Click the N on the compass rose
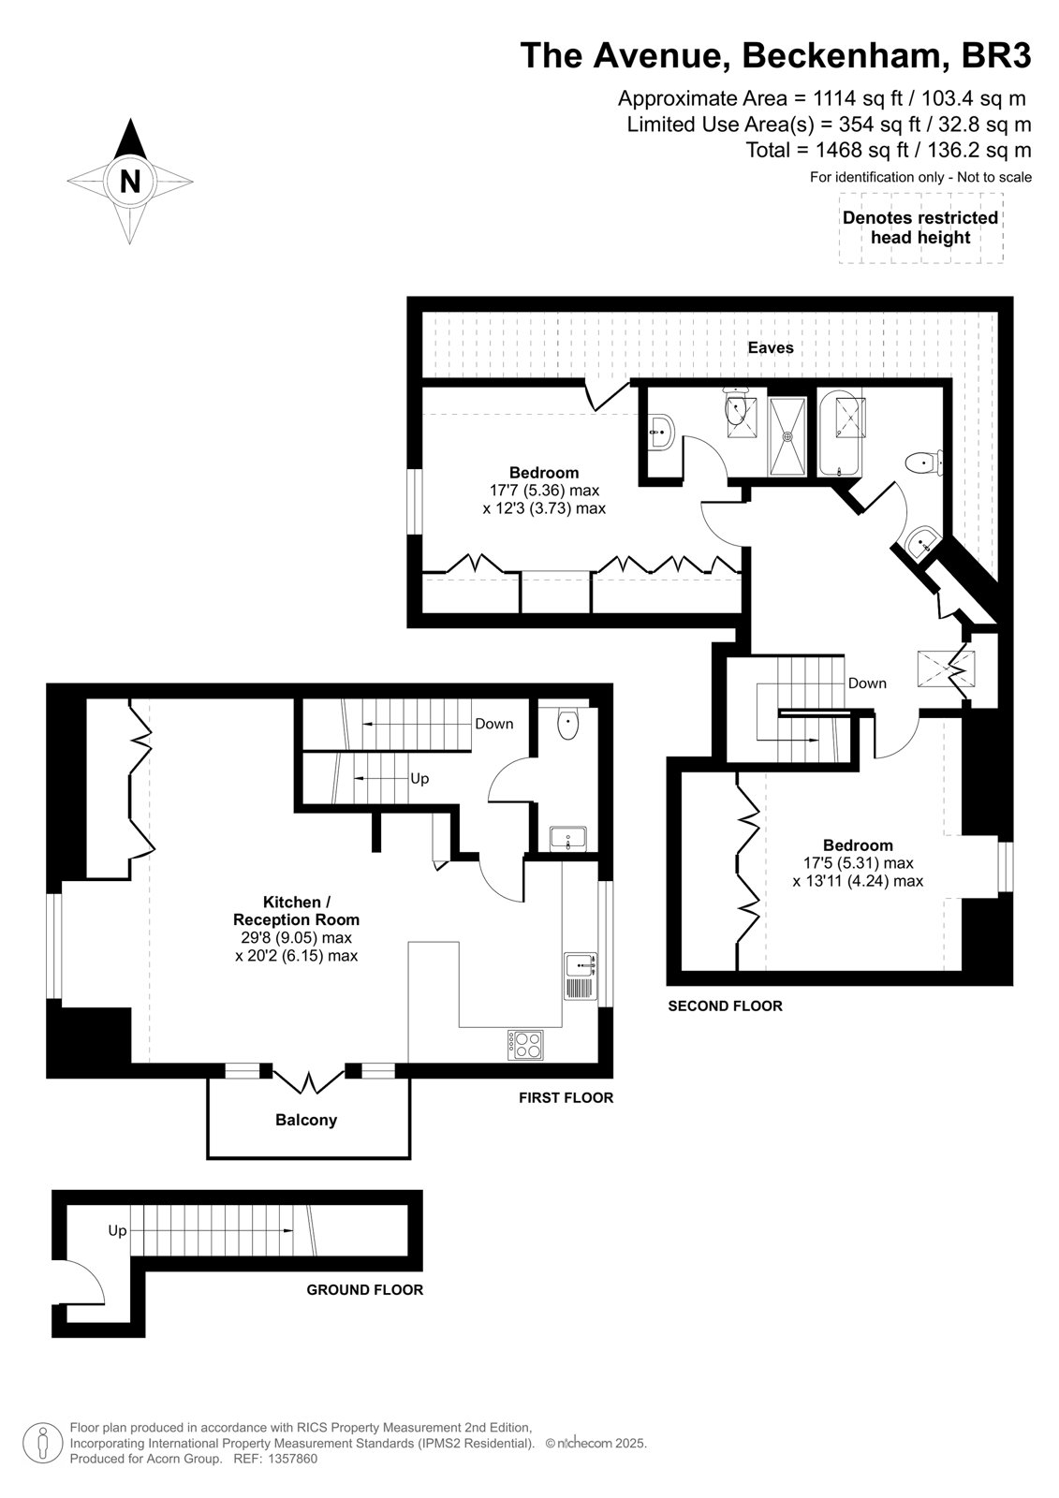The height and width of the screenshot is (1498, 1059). coord(130,181)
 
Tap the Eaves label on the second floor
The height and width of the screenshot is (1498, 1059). coord(771,347)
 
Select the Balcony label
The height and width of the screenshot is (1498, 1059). coord(306,1120)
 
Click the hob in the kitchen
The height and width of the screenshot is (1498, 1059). coord(525,1045)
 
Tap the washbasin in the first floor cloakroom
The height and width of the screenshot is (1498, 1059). coord(568,838)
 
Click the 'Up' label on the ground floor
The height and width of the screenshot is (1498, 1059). coord(117,1230)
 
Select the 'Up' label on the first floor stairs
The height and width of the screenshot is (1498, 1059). coord(419,778)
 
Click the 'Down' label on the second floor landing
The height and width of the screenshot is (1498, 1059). coord(867,683)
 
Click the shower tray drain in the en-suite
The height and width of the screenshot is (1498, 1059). coord(788,436)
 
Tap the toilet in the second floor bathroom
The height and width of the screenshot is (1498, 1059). coord(924,462)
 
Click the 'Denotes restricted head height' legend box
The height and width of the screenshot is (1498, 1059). coord(920,228)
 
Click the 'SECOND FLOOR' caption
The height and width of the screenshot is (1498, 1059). coord(725,1006)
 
